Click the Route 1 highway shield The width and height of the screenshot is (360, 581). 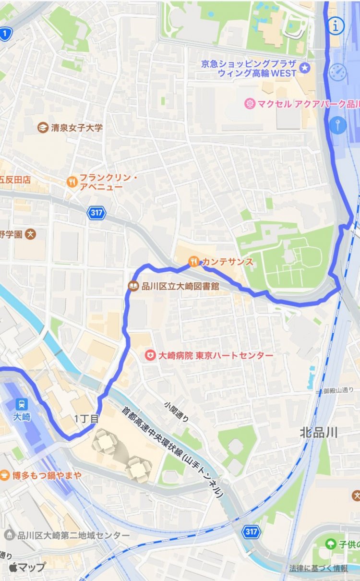click(5, 34)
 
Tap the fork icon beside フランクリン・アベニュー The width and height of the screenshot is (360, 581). click(72, 182)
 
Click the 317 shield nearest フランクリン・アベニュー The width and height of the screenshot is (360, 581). click(96, 213)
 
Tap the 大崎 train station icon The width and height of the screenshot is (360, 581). click(21, 404)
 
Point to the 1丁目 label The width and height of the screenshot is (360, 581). click(86, 419)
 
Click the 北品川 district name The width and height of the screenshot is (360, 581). click(319, 432)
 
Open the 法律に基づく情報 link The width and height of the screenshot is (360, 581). click(318, 568)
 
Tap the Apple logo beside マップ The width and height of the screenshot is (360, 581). click(13, 567)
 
